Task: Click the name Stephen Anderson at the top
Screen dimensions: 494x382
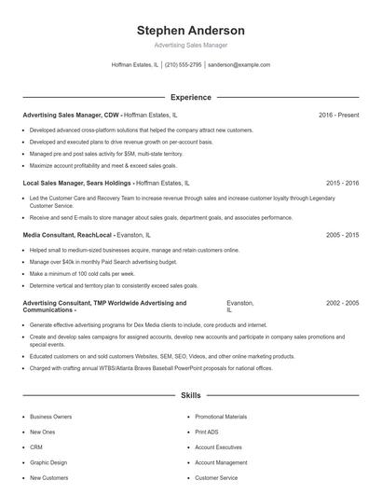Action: (x=190, y=30)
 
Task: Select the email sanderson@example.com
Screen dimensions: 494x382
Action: (x=239, y=65)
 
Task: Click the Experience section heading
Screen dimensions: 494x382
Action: (x=190, y=97)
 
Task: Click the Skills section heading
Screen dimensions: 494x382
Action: (x=190, y=396)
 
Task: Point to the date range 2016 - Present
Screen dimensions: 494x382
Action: (x=338, y=115)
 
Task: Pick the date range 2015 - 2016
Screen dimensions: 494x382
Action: (x=342, y=184)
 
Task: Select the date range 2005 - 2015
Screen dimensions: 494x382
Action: (x=342, y=236)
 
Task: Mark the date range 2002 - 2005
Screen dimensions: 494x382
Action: (x=342, y=303)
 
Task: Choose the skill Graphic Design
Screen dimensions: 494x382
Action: (x=48, y=462)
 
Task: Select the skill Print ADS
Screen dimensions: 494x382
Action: (x=207, y=432)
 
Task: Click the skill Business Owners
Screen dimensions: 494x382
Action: (x=51, y=417)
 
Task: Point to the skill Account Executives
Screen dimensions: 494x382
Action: (x=219, y=447)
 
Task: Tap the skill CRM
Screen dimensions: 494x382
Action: (x=36, y=447)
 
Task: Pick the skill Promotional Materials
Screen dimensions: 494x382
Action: (x=221, y=417)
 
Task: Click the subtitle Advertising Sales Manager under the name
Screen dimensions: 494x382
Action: (x=190, y=45)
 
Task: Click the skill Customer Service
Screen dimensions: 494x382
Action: (x=216, y=478)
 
